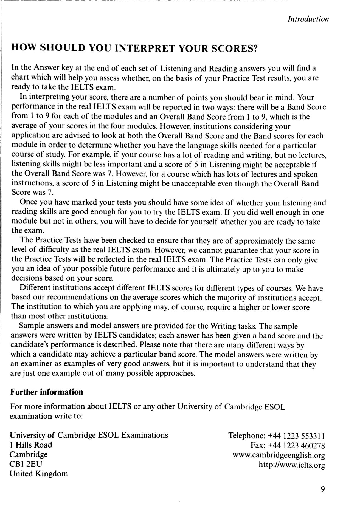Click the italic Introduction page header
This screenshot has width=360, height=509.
tap(308, 19)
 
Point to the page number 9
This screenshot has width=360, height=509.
tap(322, 489)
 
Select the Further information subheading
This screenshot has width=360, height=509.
tap(46, 392)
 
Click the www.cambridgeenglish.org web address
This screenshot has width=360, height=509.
tap(279, 455)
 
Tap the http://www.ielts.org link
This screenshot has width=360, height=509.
tap(292, 465)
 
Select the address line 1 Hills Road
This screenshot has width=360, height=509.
tap(31, 445)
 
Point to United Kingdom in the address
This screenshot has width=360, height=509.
tap(39, 474)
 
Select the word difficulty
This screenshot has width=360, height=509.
tap(49, 250)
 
